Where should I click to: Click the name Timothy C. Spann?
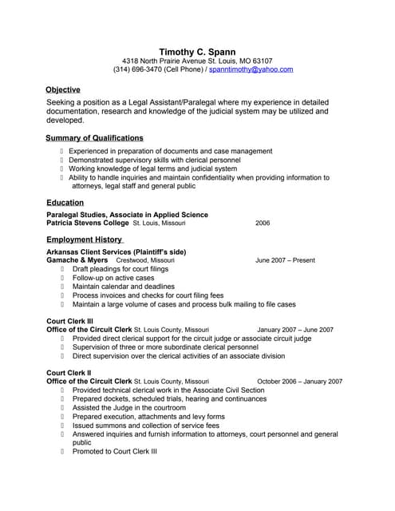click(197, 51)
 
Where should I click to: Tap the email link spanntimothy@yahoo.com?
click(251, 70)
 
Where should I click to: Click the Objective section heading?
click(63, 89)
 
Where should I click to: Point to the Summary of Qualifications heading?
click(95, 138)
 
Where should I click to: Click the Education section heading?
click(65, 203)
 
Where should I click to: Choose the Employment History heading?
click(84, 240)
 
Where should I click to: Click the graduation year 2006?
click(263, 224)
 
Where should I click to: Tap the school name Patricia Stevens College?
click(88, 224)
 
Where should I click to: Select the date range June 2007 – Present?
click(285, 260)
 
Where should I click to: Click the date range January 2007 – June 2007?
click(295, 329)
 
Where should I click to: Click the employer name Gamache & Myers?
click(77, 260)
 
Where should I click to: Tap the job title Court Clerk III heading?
click(70, 320)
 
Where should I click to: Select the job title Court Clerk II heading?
click(69, 373)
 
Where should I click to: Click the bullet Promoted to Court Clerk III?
click(114, 451)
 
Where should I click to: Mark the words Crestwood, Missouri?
click(144, 260)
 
